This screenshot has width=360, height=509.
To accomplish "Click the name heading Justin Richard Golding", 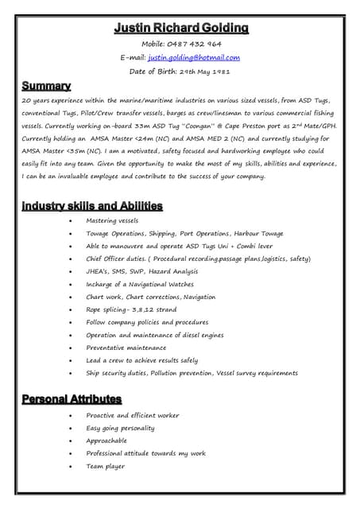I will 180,29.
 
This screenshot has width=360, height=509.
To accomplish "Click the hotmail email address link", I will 193,57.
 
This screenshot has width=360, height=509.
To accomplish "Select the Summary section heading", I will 46,85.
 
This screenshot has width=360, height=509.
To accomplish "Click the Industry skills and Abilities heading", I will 92,206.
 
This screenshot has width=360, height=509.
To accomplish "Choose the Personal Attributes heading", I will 72,398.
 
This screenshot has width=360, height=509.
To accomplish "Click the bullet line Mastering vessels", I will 112,220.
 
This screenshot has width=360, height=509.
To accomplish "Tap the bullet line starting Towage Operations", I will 184,233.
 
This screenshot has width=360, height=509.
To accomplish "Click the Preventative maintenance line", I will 126,348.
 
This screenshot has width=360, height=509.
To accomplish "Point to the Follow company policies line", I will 147,322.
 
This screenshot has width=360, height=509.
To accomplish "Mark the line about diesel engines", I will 156,335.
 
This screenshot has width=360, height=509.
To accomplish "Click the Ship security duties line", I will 192,373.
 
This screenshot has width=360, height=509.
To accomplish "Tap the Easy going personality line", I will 120,428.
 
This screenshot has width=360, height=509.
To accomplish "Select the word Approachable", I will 106,441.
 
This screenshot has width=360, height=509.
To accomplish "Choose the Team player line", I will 105,466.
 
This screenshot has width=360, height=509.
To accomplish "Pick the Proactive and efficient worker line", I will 133,415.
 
